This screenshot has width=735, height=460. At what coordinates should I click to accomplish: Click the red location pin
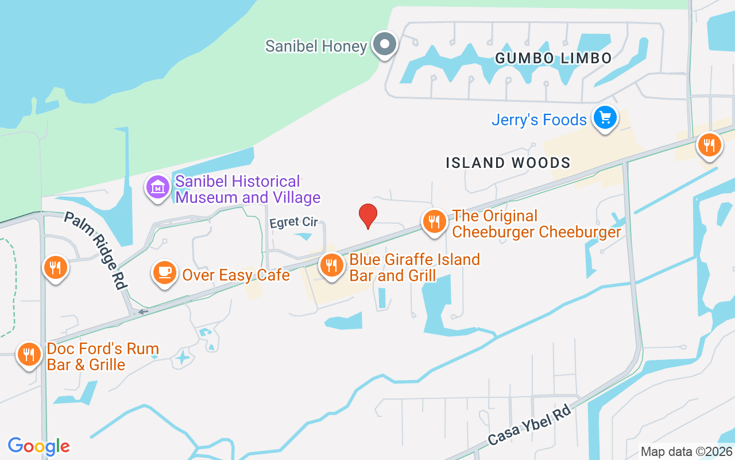coord(368,216)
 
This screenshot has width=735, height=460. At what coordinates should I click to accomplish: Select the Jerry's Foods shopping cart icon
coord(605,118)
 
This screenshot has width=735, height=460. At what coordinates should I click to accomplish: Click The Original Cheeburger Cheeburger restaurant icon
coord(435,221)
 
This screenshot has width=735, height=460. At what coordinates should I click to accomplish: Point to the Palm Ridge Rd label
coord(95,250)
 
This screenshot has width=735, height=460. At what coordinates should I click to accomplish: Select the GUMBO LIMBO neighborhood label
coord(553,58)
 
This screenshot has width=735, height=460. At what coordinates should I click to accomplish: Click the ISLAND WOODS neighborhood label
coord(508,163)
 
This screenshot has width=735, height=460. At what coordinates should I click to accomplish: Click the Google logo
coord(38,446)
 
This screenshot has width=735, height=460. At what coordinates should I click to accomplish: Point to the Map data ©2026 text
coord(687,451)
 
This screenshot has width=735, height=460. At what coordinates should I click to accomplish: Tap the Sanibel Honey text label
coord(316,46)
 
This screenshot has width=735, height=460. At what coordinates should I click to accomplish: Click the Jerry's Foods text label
coord(539,120)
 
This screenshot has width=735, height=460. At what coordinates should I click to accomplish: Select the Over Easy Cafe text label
coord(236,275)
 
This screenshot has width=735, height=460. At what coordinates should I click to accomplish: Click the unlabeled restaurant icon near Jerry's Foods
coord(710,144)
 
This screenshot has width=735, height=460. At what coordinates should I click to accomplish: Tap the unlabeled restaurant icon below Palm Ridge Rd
coord(55,267)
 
